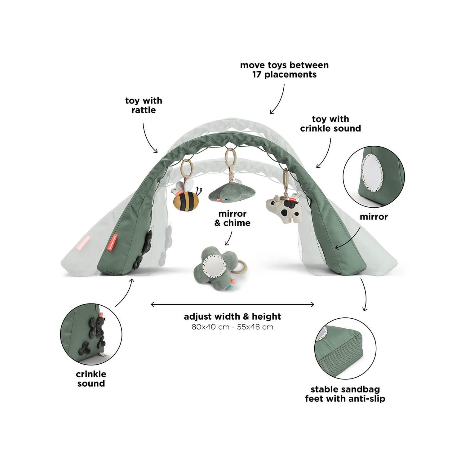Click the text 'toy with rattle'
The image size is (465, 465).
(144, 105)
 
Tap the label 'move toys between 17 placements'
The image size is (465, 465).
(284, 70)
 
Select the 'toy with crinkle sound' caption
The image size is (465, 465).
(330, 124)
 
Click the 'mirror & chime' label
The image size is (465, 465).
(232, 218)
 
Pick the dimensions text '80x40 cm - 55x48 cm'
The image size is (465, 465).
(232, 327)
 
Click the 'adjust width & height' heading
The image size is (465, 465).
(232, 317)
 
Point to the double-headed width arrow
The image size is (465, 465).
(232, 304)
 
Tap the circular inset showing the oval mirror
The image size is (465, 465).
(374, 177)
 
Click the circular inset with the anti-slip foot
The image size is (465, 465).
(345, 348)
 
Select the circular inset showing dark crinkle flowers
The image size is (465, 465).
(91, 334)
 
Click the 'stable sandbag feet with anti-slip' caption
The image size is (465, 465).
(345, 394)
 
